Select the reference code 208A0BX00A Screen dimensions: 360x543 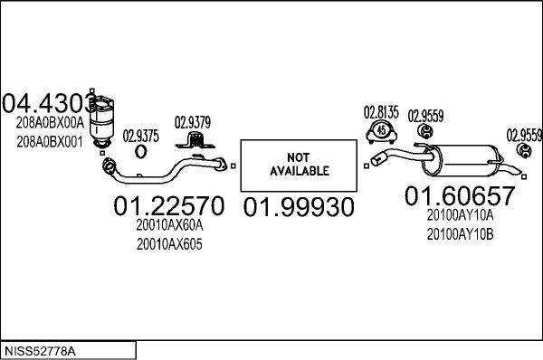50,124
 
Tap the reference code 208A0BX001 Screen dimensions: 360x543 50,141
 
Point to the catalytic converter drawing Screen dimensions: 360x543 109,118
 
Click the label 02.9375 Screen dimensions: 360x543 140,136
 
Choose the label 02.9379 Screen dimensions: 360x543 193,123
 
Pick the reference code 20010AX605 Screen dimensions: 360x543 169,244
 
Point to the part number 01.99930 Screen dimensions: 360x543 299,207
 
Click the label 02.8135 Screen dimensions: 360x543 381,112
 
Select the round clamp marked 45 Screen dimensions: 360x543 381,131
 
